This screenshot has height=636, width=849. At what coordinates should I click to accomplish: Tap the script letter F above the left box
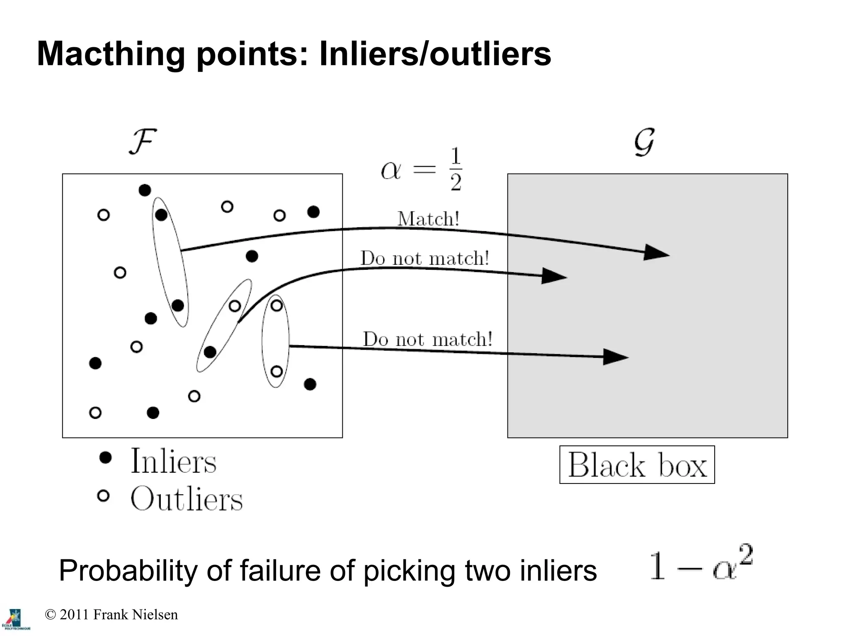142,142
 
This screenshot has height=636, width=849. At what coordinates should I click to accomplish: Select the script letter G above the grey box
644,142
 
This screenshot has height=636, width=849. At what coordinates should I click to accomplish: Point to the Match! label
428,219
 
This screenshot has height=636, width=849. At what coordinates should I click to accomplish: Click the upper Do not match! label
425,258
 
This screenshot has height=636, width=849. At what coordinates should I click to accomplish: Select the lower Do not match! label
428,339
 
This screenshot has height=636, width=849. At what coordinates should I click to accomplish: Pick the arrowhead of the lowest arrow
615,357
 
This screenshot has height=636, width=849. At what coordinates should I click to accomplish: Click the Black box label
637,465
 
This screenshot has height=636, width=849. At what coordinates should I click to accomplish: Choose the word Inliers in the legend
173,461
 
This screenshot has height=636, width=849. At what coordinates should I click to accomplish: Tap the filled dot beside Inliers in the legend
106,457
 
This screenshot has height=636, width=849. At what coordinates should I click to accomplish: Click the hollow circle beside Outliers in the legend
103,496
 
